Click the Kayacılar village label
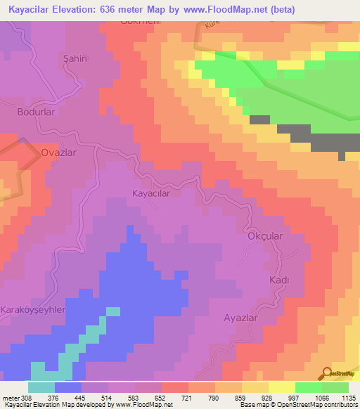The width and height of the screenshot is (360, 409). tap(150, 191)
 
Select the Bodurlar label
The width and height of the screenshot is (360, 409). tap(36, 112)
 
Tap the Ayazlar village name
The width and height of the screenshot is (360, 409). tap(241, 318)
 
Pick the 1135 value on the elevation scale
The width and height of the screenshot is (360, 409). tap(348, 398)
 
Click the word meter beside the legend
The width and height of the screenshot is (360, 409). tap(8, 398)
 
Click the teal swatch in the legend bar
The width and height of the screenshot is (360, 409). tap(41, 387)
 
